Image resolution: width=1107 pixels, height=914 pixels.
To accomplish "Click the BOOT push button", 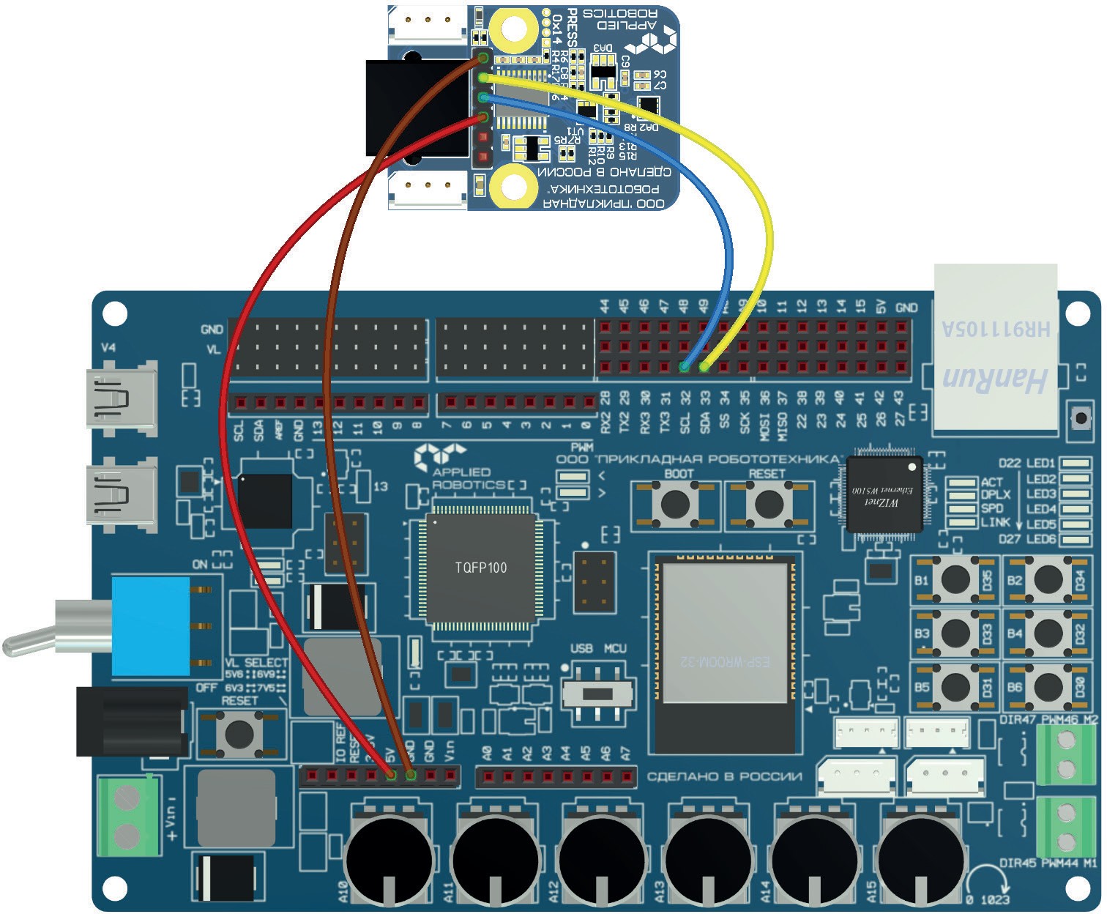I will pyautogui.click(x=675, y=503).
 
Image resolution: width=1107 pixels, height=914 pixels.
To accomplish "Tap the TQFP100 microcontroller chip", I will pyautogui.click(x=481, y=568).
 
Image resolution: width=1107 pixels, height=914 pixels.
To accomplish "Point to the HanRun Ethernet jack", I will pyautogui.click(x=995, y=347).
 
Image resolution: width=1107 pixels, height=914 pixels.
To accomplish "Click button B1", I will pyautogui.click(x=955, y=580).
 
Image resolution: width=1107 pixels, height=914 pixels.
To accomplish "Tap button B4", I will pyautogui.click(x=1048, y=634).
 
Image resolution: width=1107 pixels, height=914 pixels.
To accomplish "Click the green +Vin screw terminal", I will pyautogui.click(x=129, y=816).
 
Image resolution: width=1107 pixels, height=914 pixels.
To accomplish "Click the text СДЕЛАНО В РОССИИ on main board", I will pyautogui.click(x=724, y=776).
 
